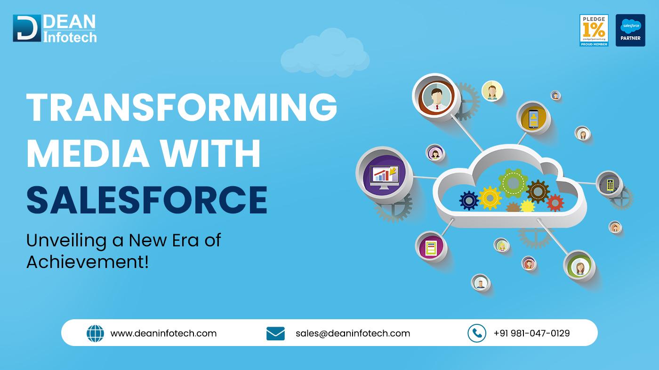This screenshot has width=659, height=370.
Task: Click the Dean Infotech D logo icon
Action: (26, 29)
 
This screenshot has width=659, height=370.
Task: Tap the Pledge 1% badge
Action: (594, 30)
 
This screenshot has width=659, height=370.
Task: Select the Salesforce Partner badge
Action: (630, 30)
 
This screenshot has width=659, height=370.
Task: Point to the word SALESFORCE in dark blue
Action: (146, 200)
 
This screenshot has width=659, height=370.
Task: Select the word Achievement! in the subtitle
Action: (87, 262)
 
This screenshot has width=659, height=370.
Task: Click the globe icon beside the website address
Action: (95, 333)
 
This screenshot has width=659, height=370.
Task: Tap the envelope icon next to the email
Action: (275, 333)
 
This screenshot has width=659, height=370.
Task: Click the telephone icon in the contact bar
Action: (476, 333)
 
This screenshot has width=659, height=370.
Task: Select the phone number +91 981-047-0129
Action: (531, 333)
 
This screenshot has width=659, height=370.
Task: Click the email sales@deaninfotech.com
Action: (353, 333)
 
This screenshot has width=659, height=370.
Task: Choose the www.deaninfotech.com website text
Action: (163, 333)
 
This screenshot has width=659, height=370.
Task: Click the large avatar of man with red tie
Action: (435, 96)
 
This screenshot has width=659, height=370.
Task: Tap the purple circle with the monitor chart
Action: (384, 176)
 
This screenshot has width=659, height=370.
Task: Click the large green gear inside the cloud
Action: (512, 182)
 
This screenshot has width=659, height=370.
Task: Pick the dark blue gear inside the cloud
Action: (469, 200)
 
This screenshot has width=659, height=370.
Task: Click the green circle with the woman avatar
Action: (579, 267)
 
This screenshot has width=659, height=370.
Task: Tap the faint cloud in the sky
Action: (325, 54)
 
